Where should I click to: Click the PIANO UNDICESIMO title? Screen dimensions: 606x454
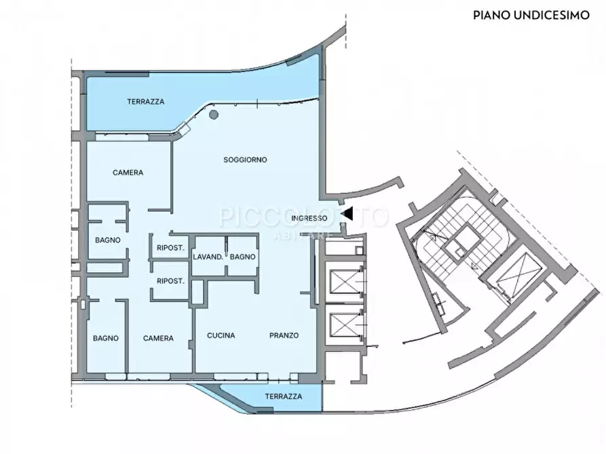click(x=531, y=15)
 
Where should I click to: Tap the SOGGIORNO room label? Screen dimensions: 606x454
click(x=245, y=160)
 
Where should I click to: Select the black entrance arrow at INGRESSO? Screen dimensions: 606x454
click(x=347, y=213)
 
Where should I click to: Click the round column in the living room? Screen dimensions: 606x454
click(x=213, y=115)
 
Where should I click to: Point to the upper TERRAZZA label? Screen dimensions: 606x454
click(x=146, y=102)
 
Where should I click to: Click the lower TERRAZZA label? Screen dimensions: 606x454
click(x=284, y=396)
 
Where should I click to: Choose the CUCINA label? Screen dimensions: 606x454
click(x=221, y=335)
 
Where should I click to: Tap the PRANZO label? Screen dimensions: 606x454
click(x=284, y=335)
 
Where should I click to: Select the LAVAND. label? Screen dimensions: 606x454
click(x=208, y=257)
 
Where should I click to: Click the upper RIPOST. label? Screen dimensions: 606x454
click(x=170, y=248)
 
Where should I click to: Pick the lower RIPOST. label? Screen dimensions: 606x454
click(x=170, y=281)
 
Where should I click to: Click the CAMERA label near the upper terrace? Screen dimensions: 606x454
click(x=128, y=173)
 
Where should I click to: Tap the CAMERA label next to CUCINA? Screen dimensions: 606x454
click(x=158, y=338)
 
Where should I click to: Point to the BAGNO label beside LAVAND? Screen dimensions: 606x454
click(x=243, y=257)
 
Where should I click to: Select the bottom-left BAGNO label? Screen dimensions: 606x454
click(x=105, y=338)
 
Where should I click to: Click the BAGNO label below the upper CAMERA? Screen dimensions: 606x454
click(x=108, y=240)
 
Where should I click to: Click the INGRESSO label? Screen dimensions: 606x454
click(x=309, y=218)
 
